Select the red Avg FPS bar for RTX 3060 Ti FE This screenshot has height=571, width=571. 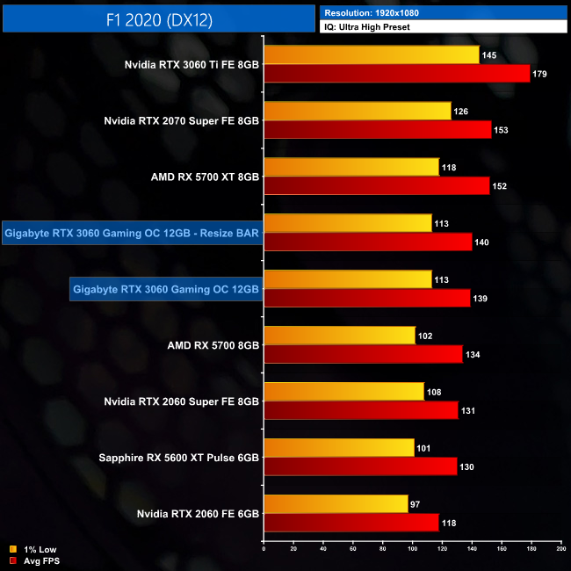tap(396, 74)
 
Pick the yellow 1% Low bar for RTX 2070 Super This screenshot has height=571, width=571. tap(358, 112)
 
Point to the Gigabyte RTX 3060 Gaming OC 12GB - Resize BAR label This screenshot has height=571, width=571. tap(133, 233)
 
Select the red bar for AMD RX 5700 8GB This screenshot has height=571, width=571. tap(363, 354)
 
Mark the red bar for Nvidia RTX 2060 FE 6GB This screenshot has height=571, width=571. tap(351, 523)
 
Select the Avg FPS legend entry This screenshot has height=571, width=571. tap(35, 561)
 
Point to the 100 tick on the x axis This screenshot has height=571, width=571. tap(412, 548)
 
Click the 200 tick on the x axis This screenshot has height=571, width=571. tap(560, 548)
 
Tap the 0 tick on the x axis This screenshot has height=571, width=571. tap(264, 548)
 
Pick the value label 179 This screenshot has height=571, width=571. tap(539, 74)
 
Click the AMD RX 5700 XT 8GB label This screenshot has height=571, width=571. tap(205, 177)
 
